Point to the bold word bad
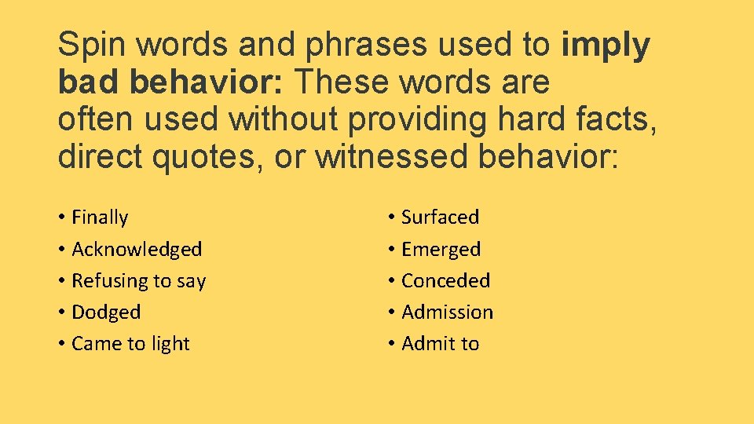[89, 82]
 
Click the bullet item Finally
[100, 217]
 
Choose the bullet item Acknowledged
[137, 250]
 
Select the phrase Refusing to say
[138, 281]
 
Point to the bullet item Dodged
[106, 313]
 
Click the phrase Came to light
[130, 344]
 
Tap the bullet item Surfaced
[440, 217]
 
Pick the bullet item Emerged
[441, 250]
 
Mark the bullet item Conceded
[445, 281]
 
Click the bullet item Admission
[447, 313]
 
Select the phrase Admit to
[440, 344]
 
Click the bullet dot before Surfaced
[391, 217]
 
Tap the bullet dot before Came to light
[61, 344]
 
